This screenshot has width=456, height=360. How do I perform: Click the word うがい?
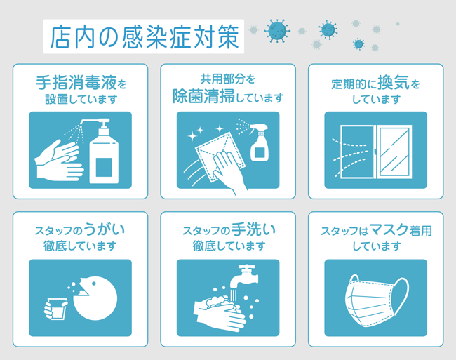tap(105, 230)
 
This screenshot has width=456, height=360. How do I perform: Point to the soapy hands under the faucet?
tap(219, 309)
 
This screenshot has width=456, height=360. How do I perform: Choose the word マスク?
tap(389, 230)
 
